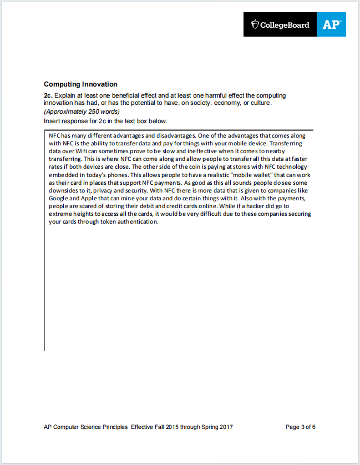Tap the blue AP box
click(x=332, y=25)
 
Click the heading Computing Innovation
click(x=80, y=84)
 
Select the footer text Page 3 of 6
click(x=301, y=427)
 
